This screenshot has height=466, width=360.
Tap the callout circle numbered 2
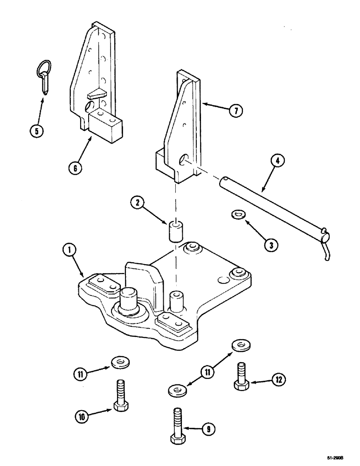click(137, 203)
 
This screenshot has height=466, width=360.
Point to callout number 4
click(277, 162)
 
